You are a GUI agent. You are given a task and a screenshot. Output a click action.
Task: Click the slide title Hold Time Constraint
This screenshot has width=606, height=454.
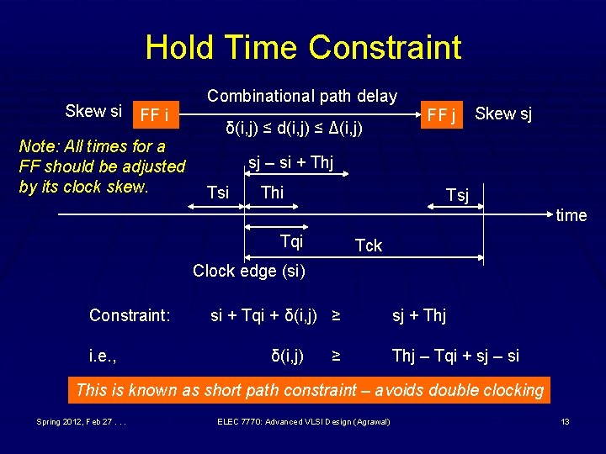(303, 47)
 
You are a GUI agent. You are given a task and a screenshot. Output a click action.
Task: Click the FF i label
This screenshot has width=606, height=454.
(155, 114)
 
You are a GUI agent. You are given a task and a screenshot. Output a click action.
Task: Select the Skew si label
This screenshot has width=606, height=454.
(93, 111)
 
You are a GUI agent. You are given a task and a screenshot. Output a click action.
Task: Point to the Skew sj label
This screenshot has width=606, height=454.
(503, 113)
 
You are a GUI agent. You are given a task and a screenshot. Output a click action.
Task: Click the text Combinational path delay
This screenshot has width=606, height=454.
(302, 96)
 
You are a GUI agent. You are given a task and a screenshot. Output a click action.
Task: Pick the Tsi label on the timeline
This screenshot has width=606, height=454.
(217, 193)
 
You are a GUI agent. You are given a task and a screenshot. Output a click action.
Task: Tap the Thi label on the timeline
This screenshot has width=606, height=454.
(273, 193)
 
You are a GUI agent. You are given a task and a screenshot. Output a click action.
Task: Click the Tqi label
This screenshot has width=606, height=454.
(291, 242)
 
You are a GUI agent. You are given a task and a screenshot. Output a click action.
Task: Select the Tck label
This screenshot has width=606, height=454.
(369, 245)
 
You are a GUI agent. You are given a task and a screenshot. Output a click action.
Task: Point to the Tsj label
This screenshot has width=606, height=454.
(457, 196)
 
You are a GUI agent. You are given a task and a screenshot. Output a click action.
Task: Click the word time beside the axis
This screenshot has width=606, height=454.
(571, 215)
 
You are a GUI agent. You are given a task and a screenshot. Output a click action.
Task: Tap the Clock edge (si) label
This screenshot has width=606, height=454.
(249, 271)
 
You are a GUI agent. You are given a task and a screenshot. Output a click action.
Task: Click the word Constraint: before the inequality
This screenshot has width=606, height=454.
(130, 315)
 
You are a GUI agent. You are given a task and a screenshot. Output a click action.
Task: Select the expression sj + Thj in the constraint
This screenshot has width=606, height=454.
(419, 315)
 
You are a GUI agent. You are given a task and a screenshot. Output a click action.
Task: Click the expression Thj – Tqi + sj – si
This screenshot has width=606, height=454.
(455, 356)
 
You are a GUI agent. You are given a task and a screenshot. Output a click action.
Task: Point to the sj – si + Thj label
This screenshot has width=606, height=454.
(290, 163)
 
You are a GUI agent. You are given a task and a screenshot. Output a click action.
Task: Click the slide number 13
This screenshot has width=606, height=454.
(566, 420)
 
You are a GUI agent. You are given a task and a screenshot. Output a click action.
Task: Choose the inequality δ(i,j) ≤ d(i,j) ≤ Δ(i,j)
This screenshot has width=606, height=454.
(294, 129)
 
